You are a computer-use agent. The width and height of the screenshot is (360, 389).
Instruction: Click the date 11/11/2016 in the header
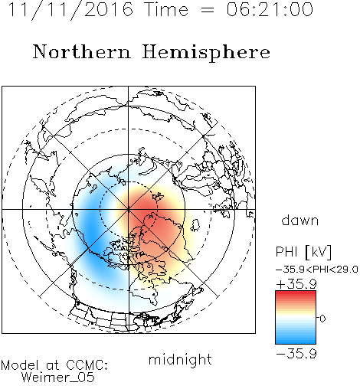pyautogui.click(x=70, y=10)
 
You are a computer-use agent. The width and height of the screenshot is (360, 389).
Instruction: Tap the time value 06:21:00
pyautogui.click(x=270, y=9)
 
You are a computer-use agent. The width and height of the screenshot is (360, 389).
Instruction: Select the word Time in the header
pyautogui.click(x=166, y=9)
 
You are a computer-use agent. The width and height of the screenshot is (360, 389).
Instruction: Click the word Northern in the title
pyautogui.click(x=82, y=52)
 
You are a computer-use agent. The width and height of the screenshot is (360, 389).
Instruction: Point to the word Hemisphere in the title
pyautogui.click(x=206, y=53)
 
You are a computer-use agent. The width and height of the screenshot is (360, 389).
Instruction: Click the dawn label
pyautogui.click(x=300, y=220)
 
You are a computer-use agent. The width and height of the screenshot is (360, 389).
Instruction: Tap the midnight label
pyautogui.click(x=180, y=360)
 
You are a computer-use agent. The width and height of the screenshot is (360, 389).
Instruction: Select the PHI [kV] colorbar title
pyautogui.click(x=303, y=252)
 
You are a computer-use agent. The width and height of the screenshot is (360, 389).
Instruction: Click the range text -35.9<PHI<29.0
pyautogui.click(x=317, y=270)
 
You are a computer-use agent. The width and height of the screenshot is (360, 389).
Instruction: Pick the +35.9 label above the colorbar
pyautogui.click(x=296, y=284)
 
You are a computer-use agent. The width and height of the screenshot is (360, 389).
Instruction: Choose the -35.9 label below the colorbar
pyautogui.click(x=296, y=354)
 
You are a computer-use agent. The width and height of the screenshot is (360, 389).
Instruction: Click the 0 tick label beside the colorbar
pyautogui.click(x=322, y=319)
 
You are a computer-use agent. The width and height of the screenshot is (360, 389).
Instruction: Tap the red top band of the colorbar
pyautogui.click(x=296, y=294)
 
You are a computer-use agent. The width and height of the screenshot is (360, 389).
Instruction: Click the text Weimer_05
pyautogui.click(x=58, y=378)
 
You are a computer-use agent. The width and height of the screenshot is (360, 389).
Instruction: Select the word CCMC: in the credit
pyautogui.click(x=87, y=365)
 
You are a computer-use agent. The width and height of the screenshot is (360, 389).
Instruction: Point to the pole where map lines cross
pyautogui.click(x=129, y=210)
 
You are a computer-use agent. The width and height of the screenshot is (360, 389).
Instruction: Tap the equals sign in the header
pyautogui.click(x=208, y=11)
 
